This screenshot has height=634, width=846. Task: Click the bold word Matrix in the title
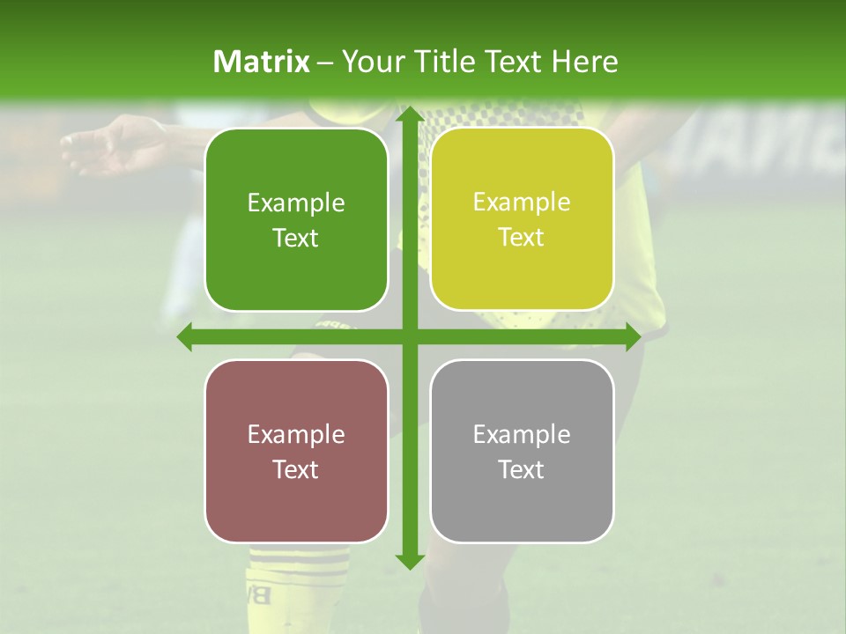pos(262,62)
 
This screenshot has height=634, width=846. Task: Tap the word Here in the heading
pos(584,62)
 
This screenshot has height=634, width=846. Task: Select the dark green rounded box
pos(296,220)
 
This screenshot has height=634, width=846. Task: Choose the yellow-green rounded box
pos(522,219)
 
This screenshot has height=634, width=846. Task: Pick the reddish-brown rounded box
pos(296,451)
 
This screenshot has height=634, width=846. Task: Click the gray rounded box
pos(522,451)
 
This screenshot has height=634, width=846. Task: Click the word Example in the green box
pos(296,203)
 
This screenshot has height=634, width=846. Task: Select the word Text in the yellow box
pos(522,238)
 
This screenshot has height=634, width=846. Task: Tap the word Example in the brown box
pos(296,434)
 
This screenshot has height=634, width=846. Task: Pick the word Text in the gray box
pos(522,469)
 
